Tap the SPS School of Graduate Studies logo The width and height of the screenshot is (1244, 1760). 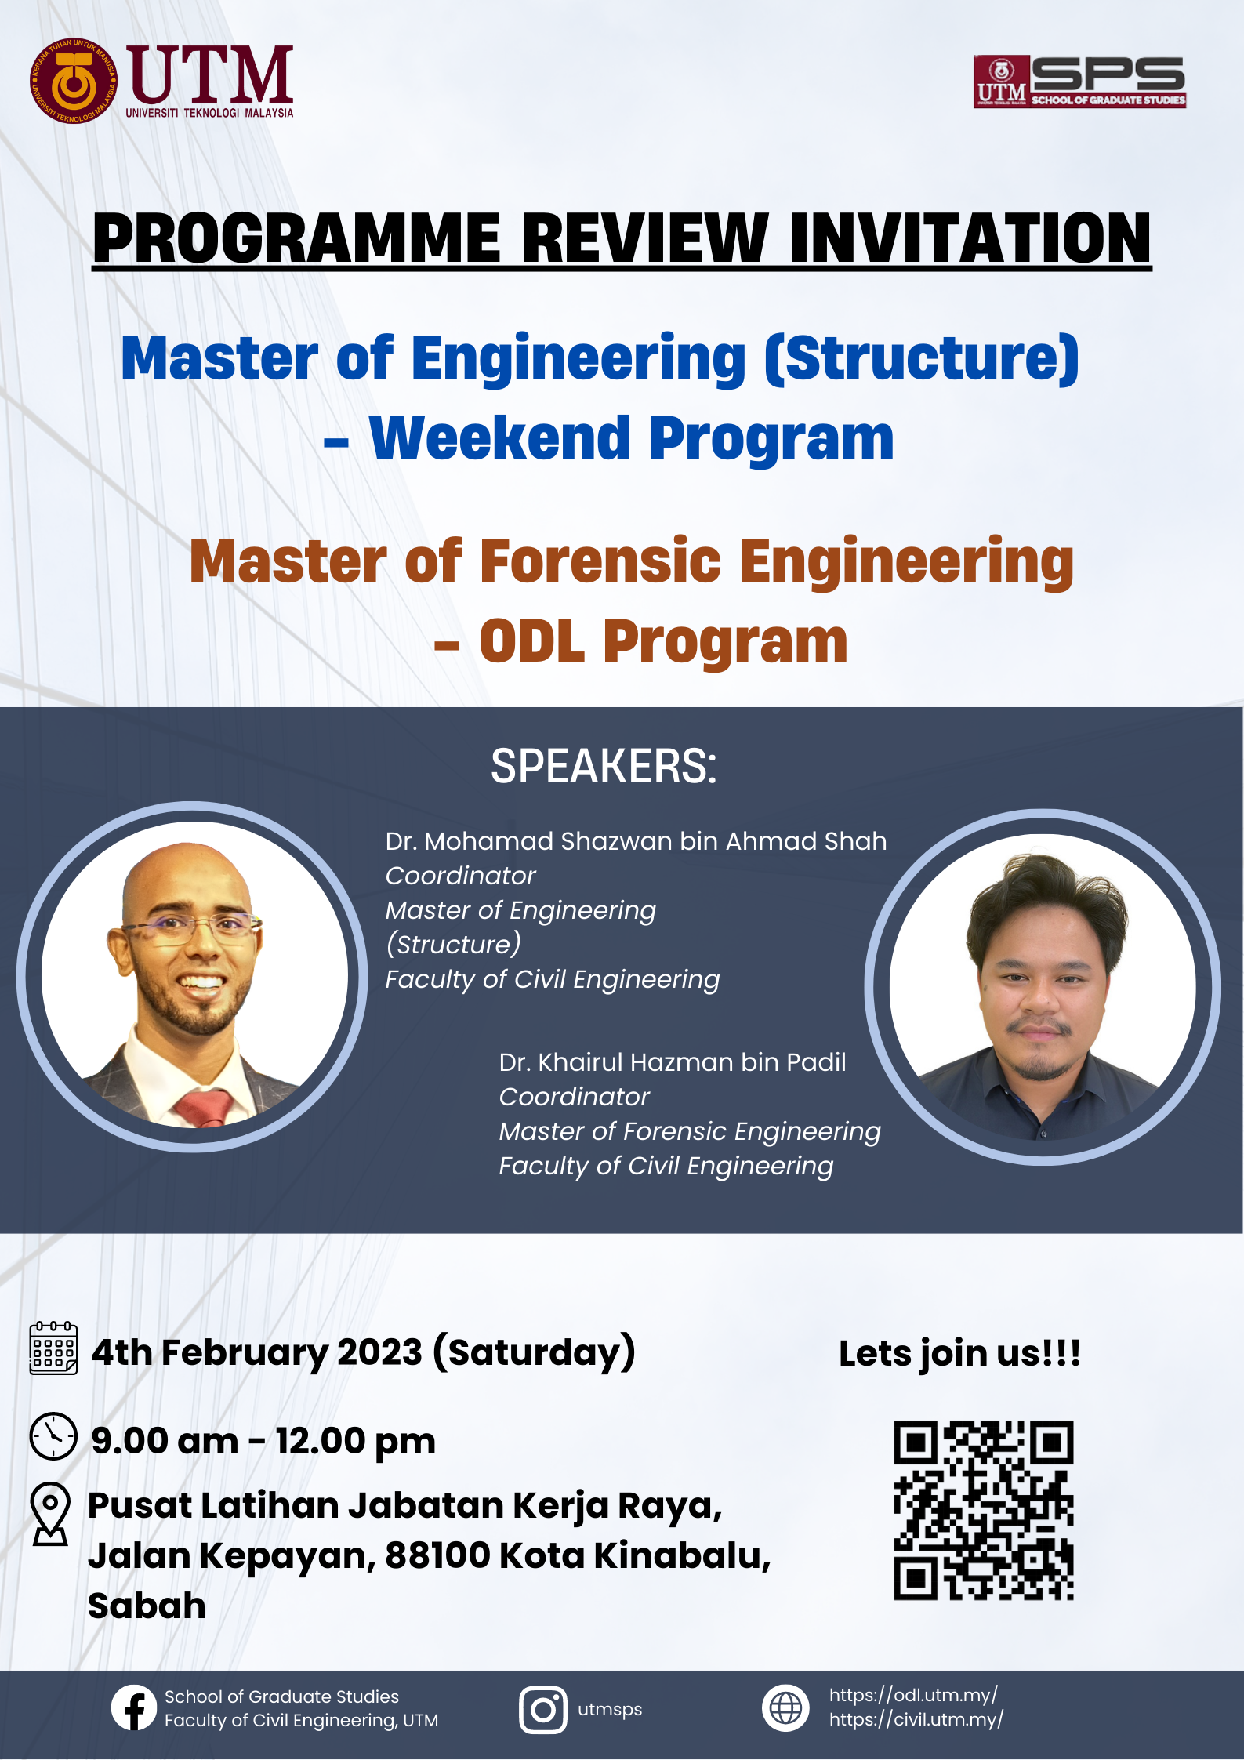1079,82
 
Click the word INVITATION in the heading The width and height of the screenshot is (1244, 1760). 970,238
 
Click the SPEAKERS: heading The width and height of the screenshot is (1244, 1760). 604,766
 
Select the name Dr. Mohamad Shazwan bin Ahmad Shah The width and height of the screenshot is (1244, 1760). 636,841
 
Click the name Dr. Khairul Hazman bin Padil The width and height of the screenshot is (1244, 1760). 673,1062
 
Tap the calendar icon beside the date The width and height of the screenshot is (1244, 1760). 53,1348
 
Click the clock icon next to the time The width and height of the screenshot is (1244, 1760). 53,1436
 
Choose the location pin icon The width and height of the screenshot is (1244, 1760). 51,1514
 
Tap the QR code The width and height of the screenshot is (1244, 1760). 984,1510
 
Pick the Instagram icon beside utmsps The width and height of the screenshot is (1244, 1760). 542,1710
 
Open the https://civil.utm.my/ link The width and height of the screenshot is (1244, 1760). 916,1720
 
